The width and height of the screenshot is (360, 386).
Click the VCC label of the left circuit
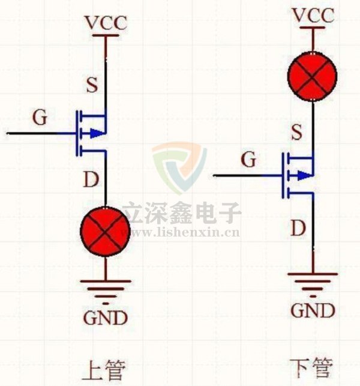(x=106, y=24)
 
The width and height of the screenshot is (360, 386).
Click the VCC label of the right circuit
(x=313, y=16)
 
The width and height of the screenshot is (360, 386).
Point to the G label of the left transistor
(x=40, y=118)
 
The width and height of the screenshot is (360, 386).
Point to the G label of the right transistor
(x=248, y=160)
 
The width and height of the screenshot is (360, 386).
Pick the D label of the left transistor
(x=91, y=179)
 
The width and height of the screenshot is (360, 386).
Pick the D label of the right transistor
(x=298, y=228)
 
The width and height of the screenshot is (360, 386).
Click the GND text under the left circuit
(x=106, y=318)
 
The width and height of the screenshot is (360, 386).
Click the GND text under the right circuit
(x=313, y=310)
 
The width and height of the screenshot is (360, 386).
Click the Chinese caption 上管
(x=106, y=369)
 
